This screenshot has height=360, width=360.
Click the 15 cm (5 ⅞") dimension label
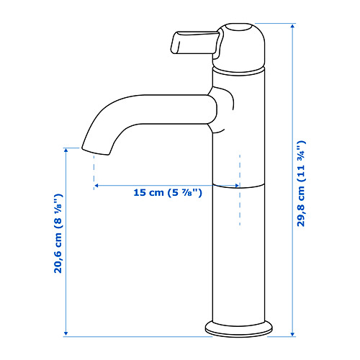168,192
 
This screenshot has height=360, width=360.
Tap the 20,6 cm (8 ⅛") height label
58,233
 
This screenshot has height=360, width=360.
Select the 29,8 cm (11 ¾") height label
301,184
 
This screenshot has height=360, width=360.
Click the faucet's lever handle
196,42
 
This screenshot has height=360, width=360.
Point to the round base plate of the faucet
238,328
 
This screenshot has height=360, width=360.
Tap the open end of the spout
95,151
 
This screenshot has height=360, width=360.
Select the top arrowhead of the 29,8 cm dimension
292,26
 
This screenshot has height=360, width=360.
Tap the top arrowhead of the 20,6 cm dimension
66,150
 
